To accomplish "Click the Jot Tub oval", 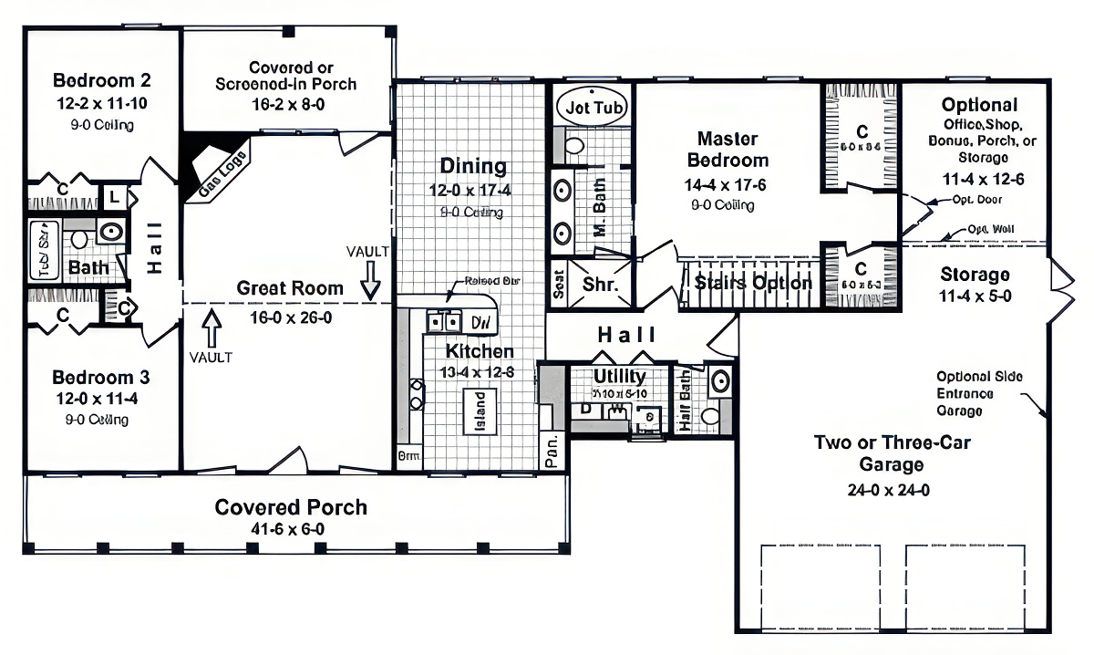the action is [593, 107].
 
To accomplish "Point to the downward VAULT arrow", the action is [370, 280].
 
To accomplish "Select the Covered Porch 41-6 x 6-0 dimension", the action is [290, 529].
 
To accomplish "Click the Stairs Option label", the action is [753, 283].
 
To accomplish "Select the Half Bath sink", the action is [719, 381].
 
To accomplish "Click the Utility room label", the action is [620, 376].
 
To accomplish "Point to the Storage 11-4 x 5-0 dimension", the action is [975, 296].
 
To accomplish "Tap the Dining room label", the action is [473, 166].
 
